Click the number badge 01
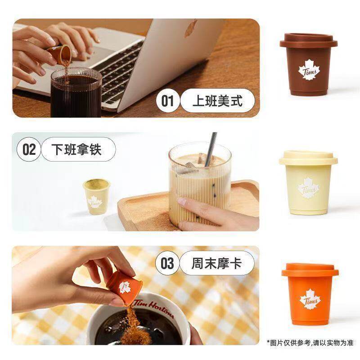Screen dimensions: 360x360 click(167, 100)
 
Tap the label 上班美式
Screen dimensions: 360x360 click(217, 100)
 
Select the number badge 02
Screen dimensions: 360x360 click(29, 149)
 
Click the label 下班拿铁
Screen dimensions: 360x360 click(78, 149)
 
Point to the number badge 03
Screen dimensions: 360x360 click(167, 263)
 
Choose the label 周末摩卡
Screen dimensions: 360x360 click(217, 263)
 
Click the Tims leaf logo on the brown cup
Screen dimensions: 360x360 click(309, 70)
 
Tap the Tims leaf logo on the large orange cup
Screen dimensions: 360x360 click(310, 299)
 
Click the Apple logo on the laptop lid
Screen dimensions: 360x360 click(191, 28)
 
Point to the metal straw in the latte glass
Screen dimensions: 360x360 click(211, 149)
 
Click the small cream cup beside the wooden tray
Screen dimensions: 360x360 click(97, 197)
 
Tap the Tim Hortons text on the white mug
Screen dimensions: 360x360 click(153, 306)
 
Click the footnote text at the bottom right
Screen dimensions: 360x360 click(310, 343)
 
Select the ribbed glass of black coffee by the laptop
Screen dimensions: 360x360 click(76, 93)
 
